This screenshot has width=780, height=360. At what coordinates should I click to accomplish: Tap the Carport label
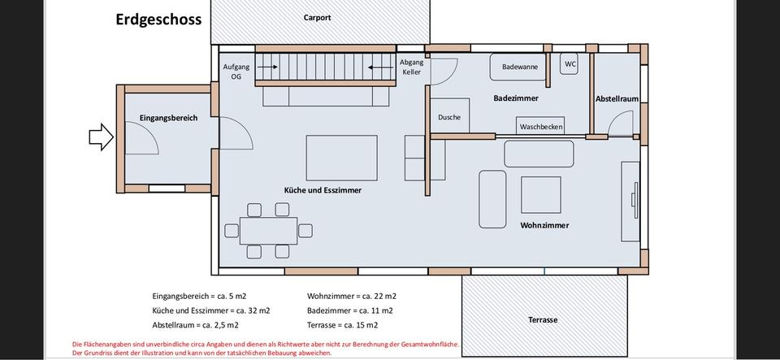pos(317,17)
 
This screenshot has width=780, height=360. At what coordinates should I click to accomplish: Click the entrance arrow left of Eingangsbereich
pos(101,137)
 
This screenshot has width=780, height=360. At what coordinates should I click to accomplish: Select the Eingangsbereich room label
pos(168,118)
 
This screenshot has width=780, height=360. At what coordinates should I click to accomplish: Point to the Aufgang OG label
pos(236,72)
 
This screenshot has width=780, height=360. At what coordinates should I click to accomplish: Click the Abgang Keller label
pos(412,67)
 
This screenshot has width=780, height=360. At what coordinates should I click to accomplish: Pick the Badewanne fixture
pos(519,67)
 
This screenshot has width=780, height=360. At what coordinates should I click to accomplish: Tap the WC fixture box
pos(570,63)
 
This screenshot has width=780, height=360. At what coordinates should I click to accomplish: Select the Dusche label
pos(448,118)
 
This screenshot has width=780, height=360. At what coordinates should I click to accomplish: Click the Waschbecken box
pos(540,127)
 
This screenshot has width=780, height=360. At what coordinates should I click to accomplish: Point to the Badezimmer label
pos(516,98)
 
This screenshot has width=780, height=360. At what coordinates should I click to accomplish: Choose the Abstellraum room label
pos(617,98)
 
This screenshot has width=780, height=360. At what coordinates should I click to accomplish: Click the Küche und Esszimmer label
pos(323,189)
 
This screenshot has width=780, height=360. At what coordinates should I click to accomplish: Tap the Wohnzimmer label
pos(544,225)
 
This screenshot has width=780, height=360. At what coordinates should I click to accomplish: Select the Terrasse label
pos(544,319)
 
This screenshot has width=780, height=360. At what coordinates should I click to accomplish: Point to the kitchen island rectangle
pos(341,158)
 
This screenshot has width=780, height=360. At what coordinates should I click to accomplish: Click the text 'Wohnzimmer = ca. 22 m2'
pos(352,297)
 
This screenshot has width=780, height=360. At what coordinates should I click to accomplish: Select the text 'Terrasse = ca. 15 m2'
pos(344,325)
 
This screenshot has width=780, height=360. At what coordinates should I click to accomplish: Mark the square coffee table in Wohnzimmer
pos(540,194)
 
